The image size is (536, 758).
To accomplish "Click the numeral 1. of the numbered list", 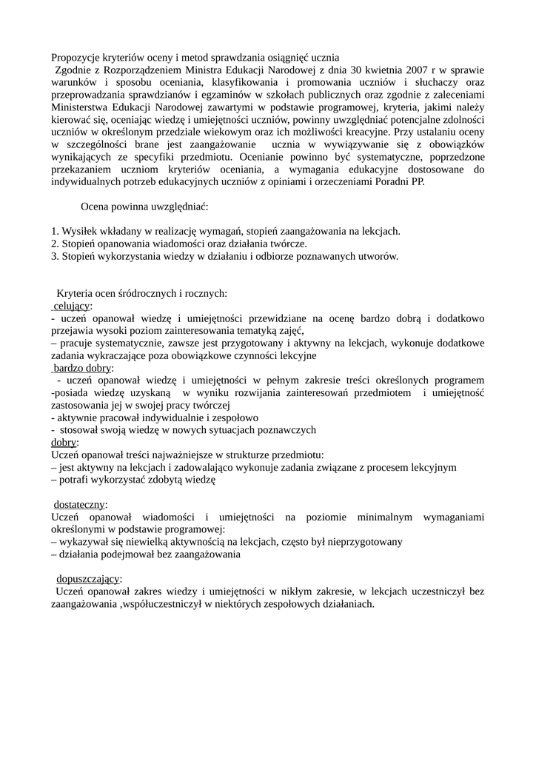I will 56,231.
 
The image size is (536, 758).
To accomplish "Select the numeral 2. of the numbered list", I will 56,244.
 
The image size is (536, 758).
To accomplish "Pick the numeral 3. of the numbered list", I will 56,256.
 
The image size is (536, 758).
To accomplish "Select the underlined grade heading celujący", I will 72,306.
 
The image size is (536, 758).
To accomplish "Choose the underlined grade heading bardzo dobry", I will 83,369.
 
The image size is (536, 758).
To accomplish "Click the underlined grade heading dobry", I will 64,443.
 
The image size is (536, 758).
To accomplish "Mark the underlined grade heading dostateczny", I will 81,505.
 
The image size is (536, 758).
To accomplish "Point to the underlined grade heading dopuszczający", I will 89,579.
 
